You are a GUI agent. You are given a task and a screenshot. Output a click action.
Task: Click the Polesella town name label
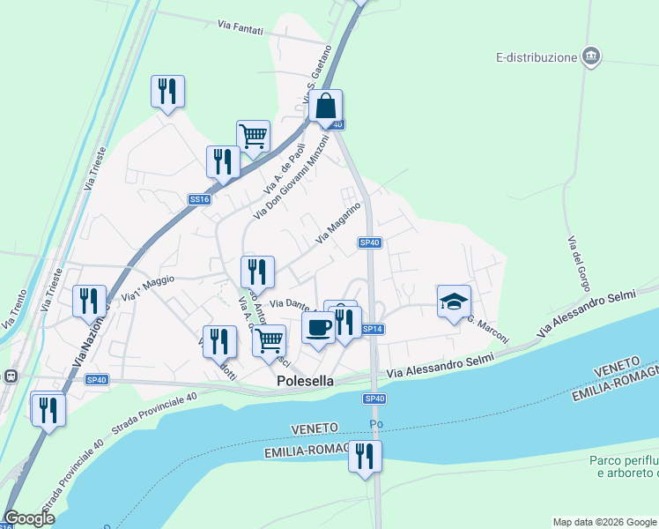(x=306, y=382)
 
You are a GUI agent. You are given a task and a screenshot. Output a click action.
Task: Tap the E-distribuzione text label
(x=536, y=58)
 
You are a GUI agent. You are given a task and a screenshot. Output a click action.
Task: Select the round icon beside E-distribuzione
(x=592, y=57)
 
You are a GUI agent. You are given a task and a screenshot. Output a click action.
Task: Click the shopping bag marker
(x=325, y=106)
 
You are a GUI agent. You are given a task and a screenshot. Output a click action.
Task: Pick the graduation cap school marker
(x=454, y=302)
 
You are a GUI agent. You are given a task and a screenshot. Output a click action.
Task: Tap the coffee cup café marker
(x=318, y=327)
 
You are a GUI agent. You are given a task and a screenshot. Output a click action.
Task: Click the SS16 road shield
(x=199, y=200)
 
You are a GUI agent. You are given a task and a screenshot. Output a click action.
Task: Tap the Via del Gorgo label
(x=579, y=265)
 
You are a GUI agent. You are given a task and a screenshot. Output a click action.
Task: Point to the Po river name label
(x=376, y=425)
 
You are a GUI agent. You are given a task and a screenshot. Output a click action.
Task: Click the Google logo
(x=29, y=518)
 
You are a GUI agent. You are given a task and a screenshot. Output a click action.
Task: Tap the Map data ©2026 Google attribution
(x=603, y=522)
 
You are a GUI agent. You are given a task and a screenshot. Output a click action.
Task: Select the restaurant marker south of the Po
(x=364, y=457)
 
